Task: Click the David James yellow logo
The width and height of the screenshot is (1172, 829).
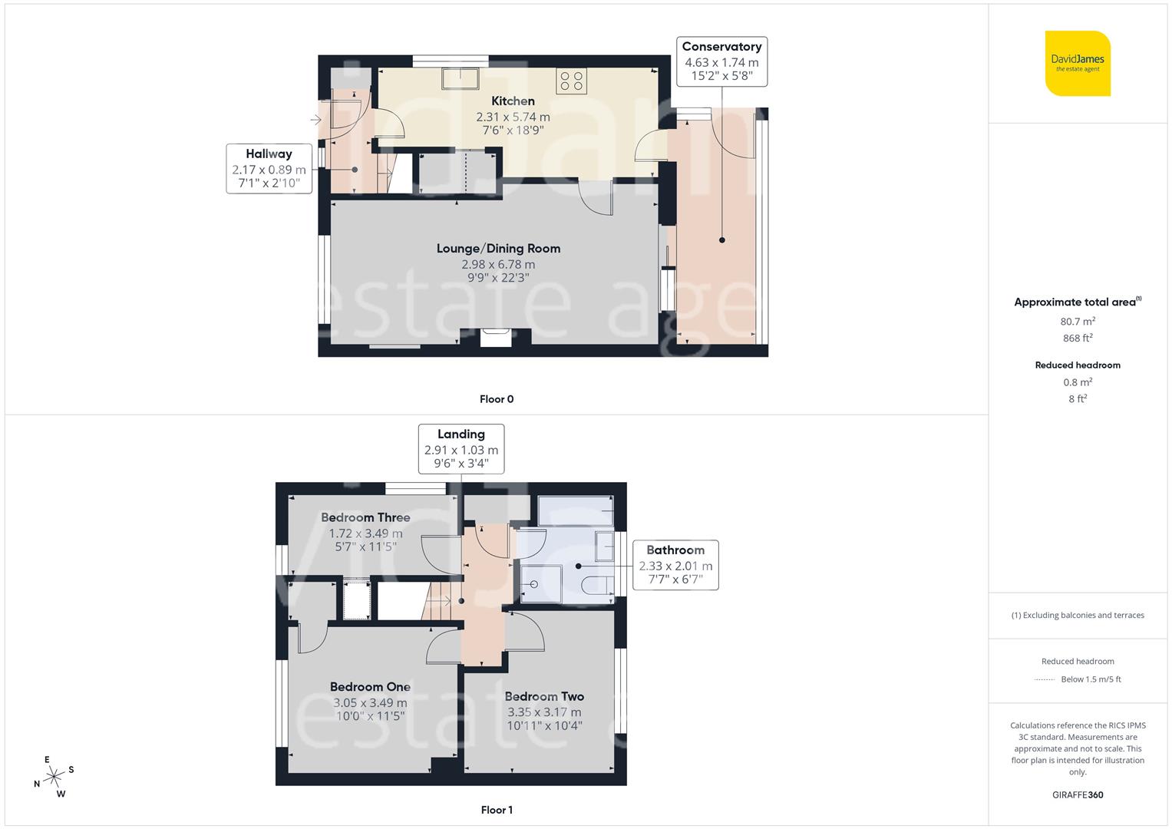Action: click(x=1078, y=63)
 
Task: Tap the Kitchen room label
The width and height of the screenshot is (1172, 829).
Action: click(x=513, y=101)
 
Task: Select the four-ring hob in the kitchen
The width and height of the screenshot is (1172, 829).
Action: click(x=571, y=81)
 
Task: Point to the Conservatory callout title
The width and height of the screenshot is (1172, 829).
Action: click(x=721, y=47)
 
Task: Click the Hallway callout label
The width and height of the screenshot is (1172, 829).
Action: click(x=269, y=154)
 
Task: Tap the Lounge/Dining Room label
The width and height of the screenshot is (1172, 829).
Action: click(x=498, y=248)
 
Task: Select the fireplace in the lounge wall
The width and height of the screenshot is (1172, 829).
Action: click(x=495, y=338)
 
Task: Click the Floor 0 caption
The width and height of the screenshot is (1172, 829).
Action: click(x=497, y=399)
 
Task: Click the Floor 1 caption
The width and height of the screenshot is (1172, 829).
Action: click(x=497, y=810)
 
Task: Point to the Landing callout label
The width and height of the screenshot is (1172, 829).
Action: click(x=461, y=434)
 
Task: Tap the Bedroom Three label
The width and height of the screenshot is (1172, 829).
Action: click(x=365, y=517)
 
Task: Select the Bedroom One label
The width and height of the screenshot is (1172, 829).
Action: click(x=370, y=687)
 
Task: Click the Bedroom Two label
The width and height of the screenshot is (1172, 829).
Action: click(x=544, y=696)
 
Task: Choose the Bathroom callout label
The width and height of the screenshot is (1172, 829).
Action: click(x=675, y=550)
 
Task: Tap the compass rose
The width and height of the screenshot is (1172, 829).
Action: click(x=54, y=776)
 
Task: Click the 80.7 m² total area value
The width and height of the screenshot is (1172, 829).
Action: click(x=1078, y=322)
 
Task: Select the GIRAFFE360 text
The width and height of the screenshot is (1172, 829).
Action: click(x=1078, y=794)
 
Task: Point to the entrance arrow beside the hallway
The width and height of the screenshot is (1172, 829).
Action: click(x=315, y=120)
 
